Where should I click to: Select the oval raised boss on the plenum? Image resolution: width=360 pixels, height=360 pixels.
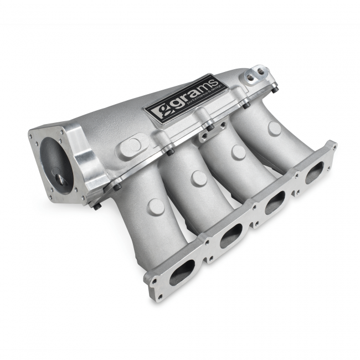pyautogui.click(x=131, y=146)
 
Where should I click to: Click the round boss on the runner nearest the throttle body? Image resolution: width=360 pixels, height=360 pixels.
pyautogui.click(x=157, y=206)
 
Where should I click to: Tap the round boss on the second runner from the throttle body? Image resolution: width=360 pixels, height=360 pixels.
pyautogui.click(x=199, y=178)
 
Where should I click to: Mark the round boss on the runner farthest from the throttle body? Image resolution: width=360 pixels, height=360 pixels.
pyautogui.click(x=274, y=128)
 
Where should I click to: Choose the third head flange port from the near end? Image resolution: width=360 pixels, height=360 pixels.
pyautogui.click(x=275, y=204)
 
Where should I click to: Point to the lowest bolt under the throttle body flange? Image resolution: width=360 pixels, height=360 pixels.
pyautogui.click(x=97, y=206)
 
